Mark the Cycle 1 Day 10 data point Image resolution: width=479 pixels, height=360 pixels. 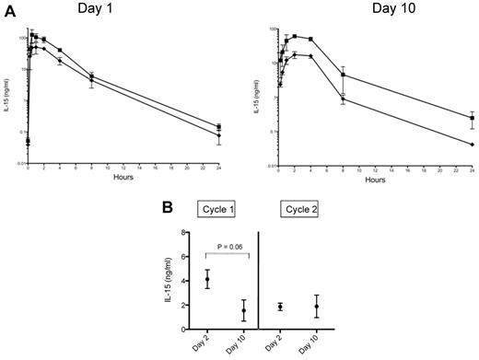(x=243, y=311)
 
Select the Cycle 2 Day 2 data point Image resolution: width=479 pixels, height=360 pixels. (x=279, y=307)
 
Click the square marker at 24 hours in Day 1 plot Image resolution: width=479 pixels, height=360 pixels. (x=218, y=127)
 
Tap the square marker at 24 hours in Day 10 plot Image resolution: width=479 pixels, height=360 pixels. (x=472, y=118)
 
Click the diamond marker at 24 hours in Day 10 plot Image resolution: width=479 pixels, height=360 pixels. (x=472, y=145)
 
